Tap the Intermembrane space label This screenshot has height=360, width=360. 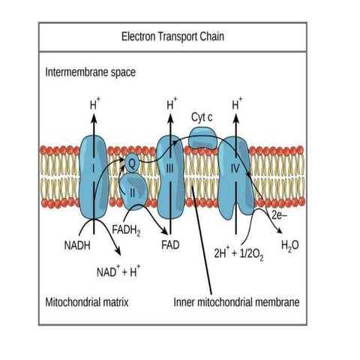pos(90,73)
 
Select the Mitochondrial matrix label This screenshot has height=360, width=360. pos(89,302)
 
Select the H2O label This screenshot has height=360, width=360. pos(289,245)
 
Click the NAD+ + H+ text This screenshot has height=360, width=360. pos(115,269)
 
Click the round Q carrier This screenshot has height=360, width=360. pos(131,160)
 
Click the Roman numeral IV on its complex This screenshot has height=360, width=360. pos(234,169)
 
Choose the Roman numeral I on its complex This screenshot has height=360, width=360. pos(94,169)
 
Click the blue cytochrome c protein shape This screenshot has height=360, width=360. pos(202,137)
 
